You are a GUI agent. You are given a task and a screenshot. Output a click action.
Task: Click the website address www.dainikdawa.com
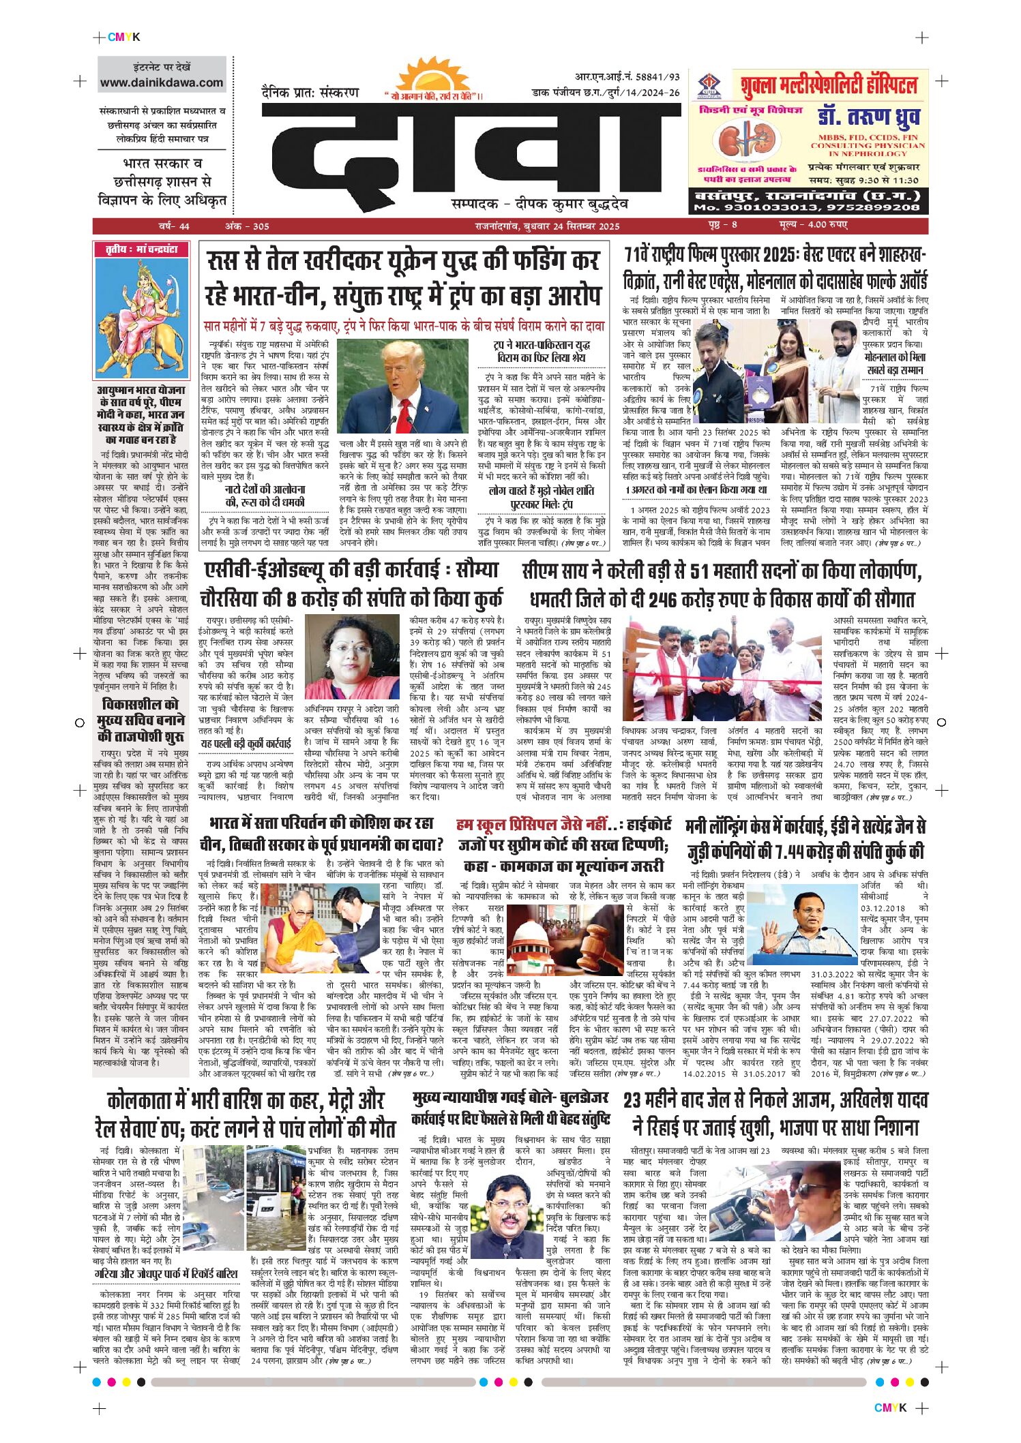tap(162, 82)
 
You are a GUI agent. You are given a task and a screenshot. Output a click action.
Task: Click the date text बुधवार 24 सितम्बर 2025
tap(566, 226)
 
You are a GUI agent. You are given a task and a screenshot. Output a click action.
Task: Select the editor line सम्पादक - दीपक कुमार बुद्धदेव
tap(539, 204)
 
